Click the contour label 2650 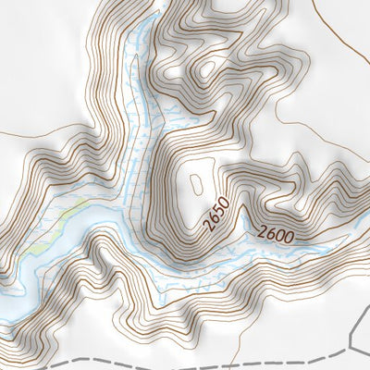tap(215, 214)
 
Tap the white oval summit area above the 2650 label tap(195, 180)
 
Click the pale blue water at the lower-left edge tap(9, 305)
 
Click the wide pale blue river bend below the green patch tap(55, 268)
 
